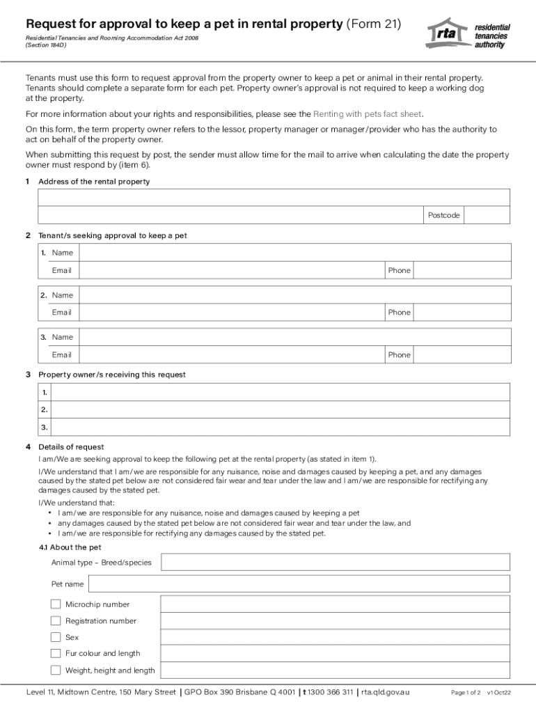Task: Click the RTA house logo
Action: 446,32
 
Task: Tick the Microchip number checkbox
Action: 56,604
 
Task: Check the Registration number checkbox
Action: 56,620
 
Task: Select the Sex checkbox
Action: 56,636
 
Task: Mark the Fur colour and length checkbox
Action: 56,653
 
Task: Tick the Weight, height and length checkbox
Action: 56,670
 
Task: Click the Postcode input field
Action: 487,215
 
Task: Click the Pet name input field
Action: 299,584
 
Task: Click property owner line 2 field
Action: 281,410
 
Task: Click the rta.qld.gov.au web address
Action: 386,692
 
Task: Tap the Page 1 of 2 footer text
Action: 466,693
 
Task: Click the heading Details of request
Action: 71,446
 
